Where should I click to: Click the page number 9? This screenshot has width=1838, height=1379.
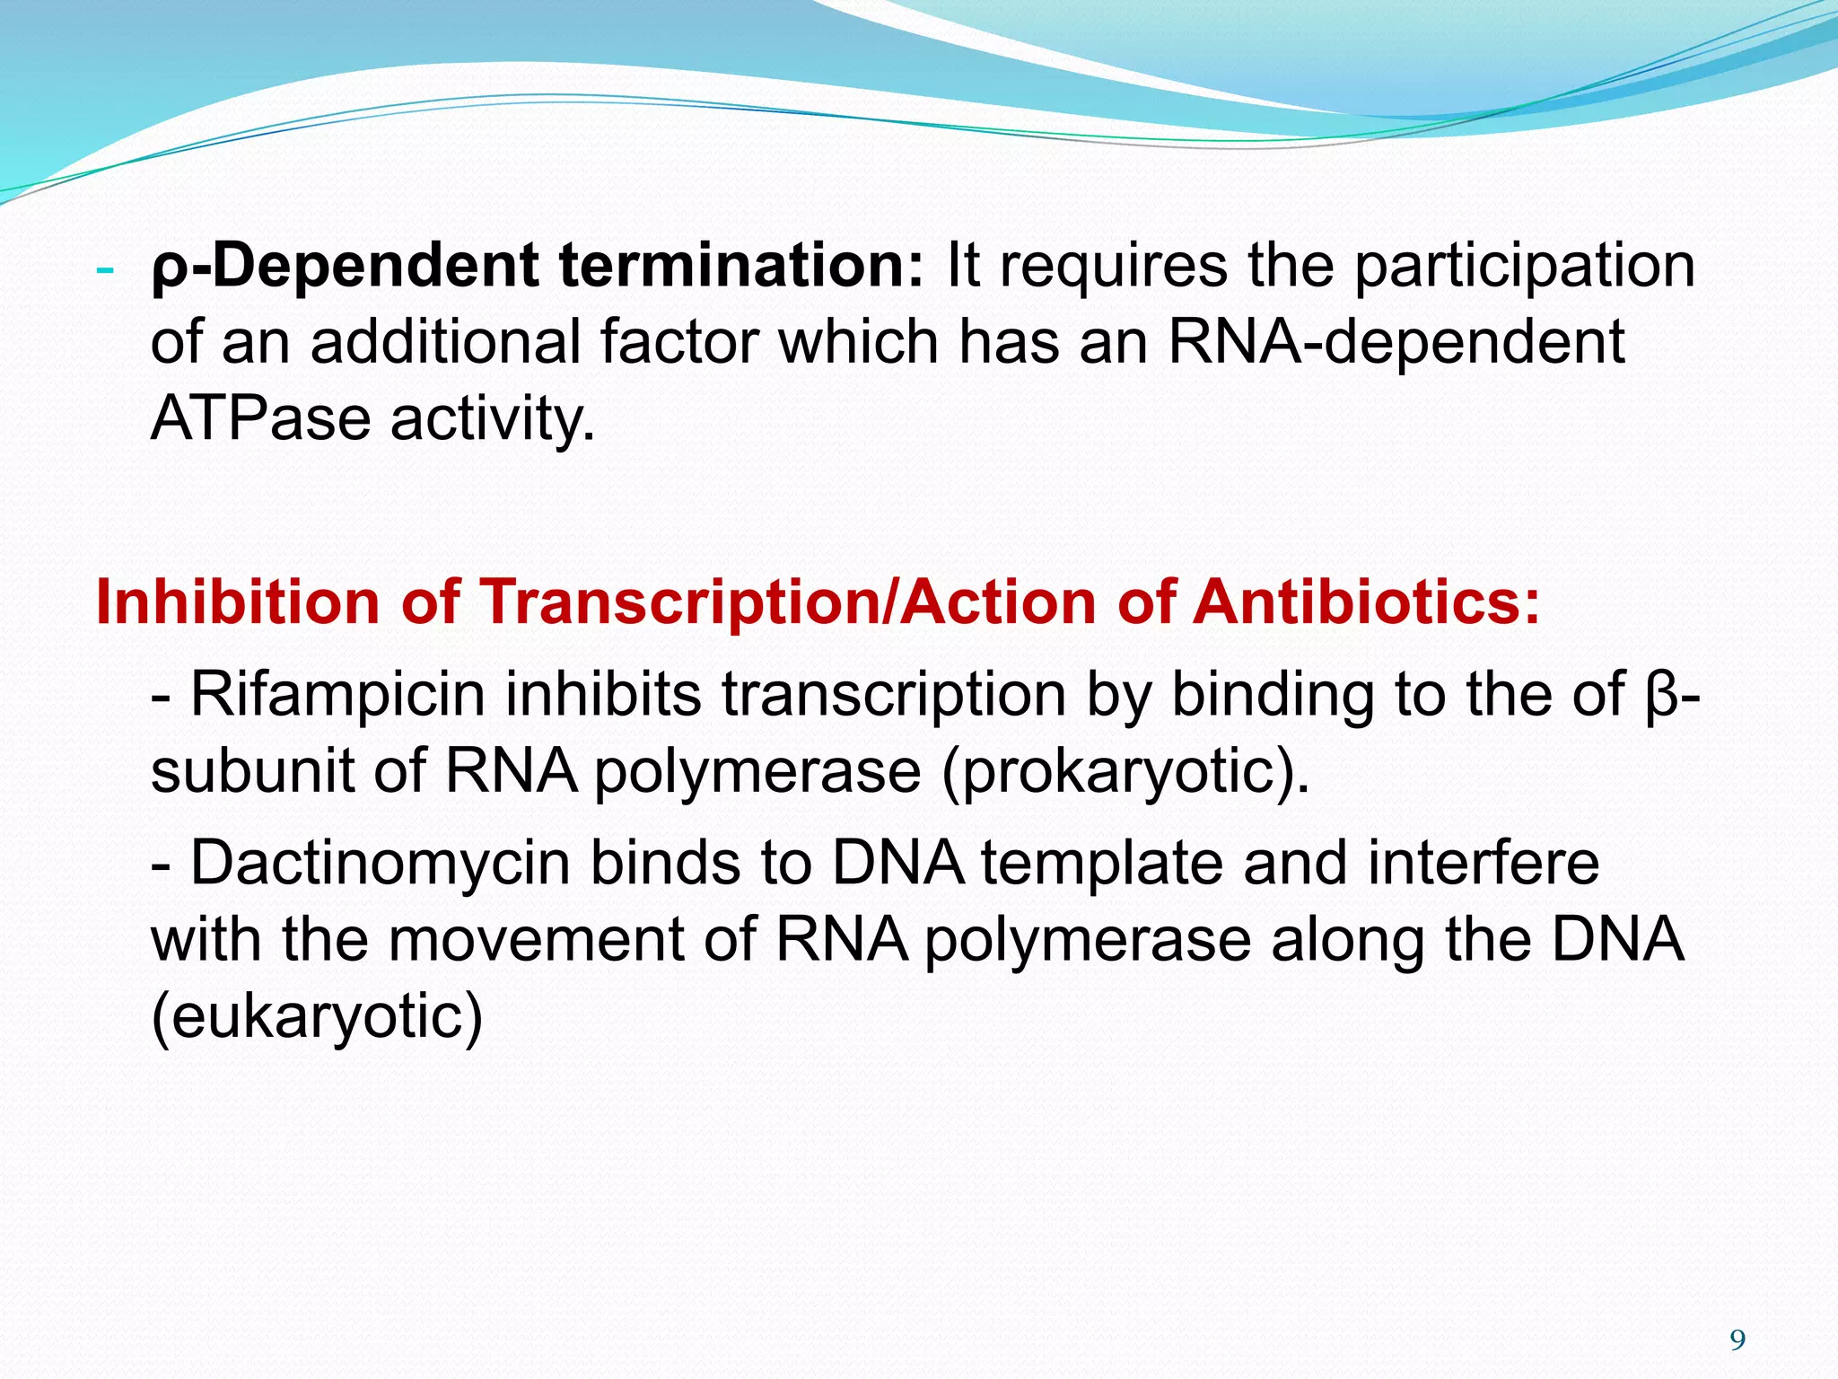[x=1737, y=1340]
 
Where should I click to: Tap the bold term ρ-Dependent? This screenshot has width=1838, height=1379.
[x=346, y=266]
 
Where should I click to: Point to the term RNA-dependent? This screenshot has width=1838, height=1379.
[x=1396, y=342]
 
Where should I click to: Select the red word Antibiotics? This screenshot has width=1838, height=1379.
[x=1366, y=601]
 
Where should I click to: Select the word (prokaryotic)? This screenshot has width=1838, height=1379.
[x=1125, y=771]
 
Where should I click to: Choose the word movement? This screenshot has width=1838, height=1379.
[x=536, y=940]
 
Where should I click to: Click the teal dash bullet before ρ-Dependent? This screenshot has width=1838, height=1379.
[x=105, y=269]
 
